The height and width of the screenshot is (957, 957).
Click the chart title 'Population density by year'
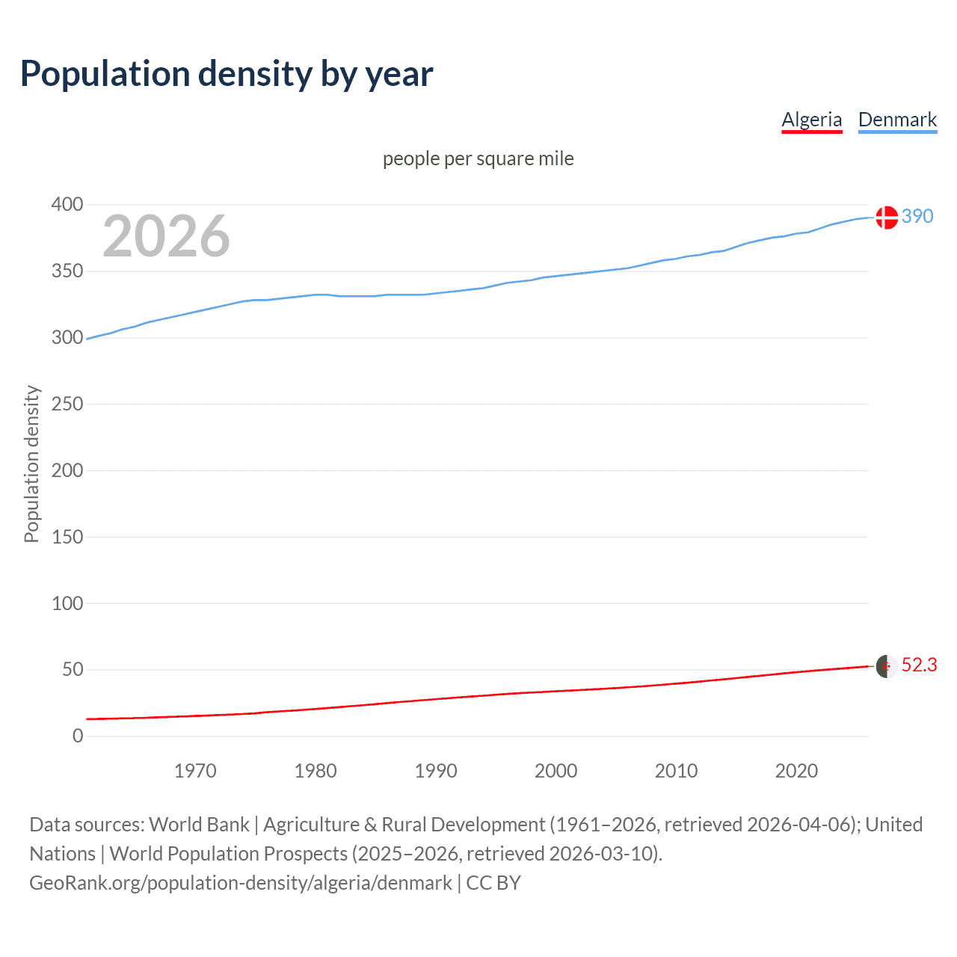227,73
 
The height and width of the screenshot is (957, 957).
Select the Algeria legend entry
811,120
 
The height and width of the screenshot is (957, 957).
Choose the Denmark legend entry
897,120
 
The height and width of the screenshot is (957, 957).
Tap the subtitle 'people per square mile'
478,159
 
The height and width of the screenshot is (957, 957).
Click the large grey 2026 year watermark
166,236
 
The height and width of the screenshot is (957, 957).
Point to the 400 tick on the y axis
67,204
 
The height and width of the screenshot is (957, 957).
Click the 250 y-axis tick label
67,404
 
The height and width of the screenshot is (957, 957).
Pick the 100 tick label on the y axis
67,603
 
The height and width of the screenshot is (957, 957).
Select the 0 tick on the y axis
78,736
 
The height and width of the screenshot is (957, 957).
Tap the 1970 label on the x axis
195,771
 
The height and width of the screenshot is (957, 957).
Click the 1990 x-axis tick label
436,771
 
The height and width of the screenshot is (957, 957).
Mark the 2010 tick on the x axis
676,771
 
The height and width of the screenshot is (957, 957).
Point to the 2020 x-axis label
796,771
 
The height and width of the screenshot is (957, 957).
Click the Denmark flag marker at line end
887,217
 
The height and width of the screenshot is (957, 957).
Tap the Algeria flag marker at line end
887,666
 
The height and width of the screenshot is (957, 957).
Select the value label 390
917,216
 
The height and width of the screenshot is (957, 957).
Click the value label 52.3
919,665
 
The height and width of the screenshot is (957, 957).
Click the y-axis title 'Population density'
31,464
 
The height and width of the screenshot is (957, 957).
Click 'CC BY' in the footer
493,883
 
